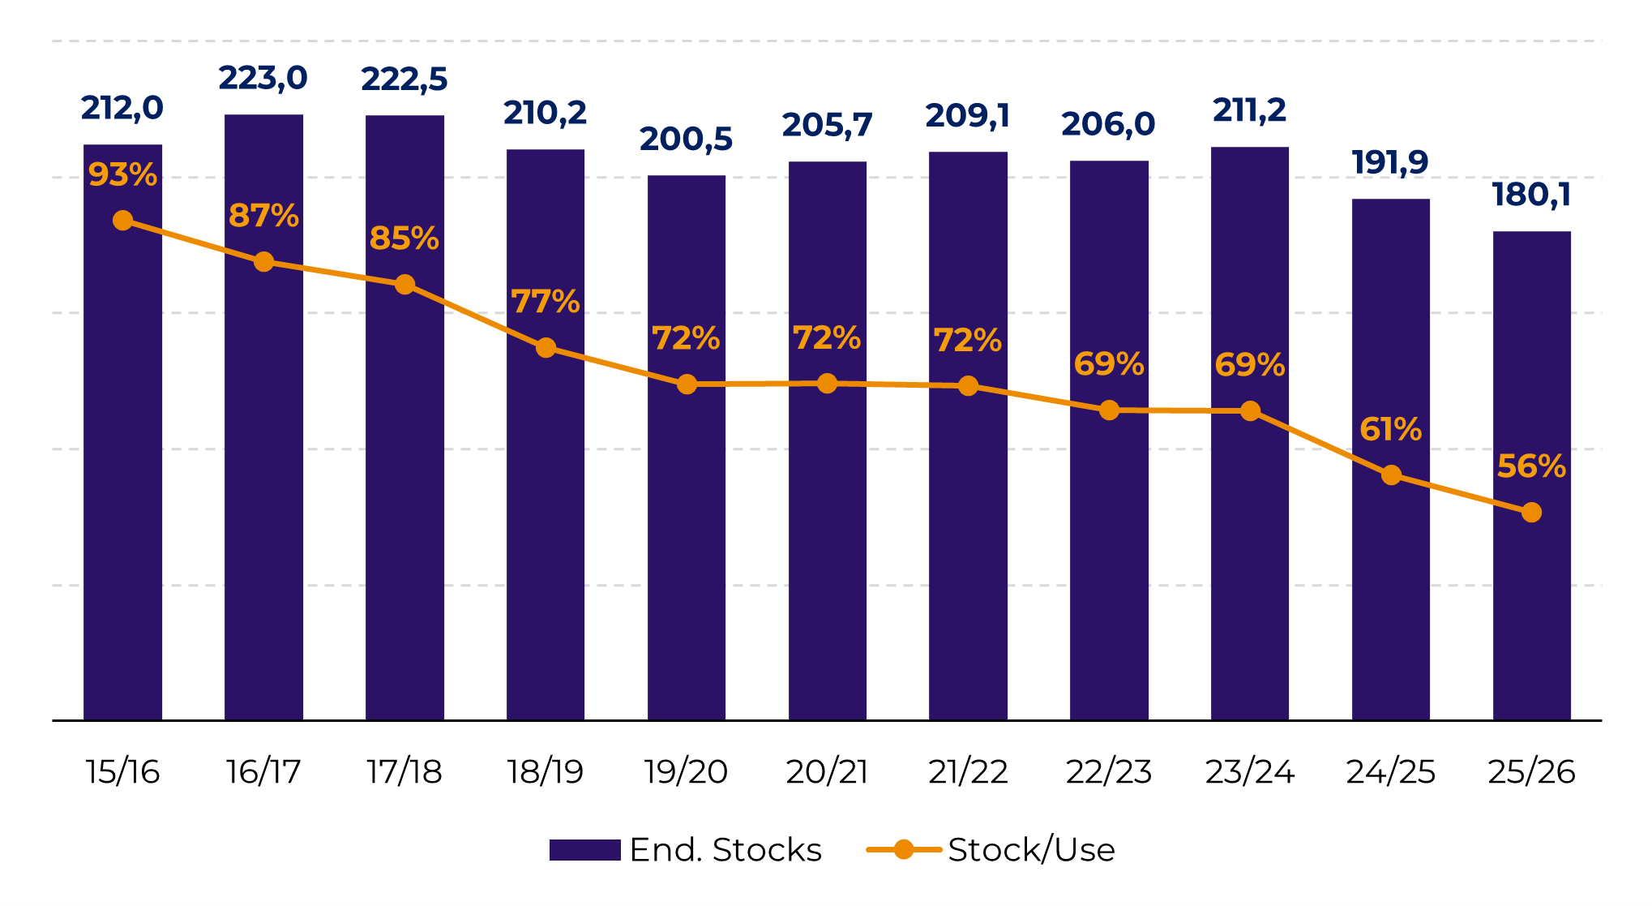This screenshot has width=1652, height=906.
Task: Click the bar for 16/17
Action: [x=263, y=417]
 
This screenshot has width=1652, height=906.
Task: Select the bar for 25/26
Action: [x=1532, y=475]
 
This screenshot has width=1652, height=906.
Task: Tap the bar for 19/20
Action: [x=687, y=448]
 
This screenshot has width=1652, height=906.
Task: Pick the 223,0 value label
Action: [x=263, y=79]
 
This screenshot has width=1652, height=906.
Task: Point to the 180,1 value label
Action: [x=1532, y=195]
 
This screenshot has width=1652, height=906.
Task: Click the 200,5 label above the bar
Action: [x=687, y=140]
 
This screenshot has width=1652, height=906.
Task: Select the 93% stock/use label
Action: [x=122, y=174]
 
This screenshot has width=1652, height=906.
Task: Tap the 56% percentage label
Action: [x=1531, y=466]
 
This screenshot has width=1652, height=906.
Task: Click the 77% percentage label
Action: [x=546, y=302]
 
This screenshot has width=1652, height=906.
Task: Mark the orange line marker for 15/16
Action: [x=122, y=221]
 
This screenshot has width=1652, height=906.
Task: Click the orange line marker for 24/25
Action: [x=1391, y=475]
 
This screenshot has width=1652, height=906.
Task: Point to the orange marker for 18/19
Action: [x=546, y=348]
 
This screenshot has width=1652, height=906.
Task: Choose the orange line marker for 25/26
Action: [x=1531, y=513]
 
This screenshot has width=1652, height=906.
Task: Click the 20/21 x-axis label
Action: [x=827, y=772]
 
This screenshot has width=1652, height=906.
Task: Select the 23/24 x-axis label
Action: [x=1250, y=772]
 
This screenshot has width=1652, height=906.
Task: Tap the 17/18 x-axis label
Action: [x=404, y=772]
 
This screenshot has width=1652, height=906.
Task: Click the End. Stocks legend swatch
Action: [x=584, y=850]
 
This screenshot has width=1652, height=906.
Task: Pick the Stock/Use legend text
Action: [x=1031, y=850]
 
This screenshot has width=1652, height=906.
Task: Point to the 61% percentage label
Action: [x=1391, y=429]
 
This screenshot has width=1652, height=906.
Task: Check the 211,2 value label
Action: [x=1249, y=110]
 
